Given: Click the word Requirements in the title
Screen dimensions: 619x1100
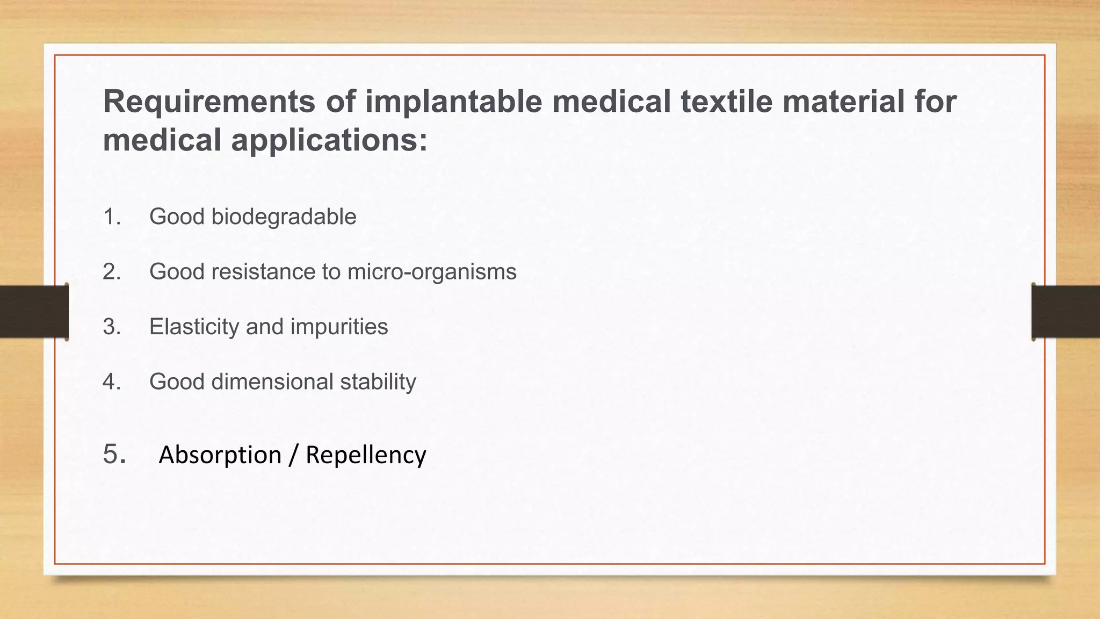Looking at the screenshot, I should pyautogui.click(x=209, y=102).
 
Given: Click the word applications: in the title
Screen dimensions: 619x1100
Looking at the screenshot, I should pyautogui.click(x=329, y=141).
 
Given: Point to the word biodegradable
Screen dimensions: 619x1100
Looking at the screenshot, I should pyautogui.click(x=284, y=217).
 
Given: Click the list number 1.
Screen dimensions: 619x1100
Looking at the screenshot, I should pyautogui.click(x=111, y=217).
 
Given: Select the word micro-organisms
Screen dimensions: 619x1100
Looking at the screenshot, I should pyautogui.click(x=432, y=272).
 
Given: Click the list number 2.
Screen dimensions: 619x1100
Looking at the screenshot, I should pyautogui.click(x=112, y=272).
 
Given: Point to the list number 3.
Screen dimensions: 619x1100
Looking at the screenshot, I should pyautogui.click(x=112, y=327).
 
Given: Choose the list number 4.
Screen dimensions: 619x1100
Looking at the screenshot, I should pyautogui.click(x=112, y=382).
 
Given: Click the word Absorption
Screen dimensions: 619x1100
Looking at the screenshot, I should pyautogui.click(x=220, y=455).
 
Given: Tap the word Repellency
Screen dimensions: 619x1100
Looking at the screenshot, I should pyautogui.click(x=366, y=455).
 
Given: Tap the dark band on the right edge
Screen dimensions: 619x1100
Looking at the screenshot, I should pyautogui.click(x=1066, y=312).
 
